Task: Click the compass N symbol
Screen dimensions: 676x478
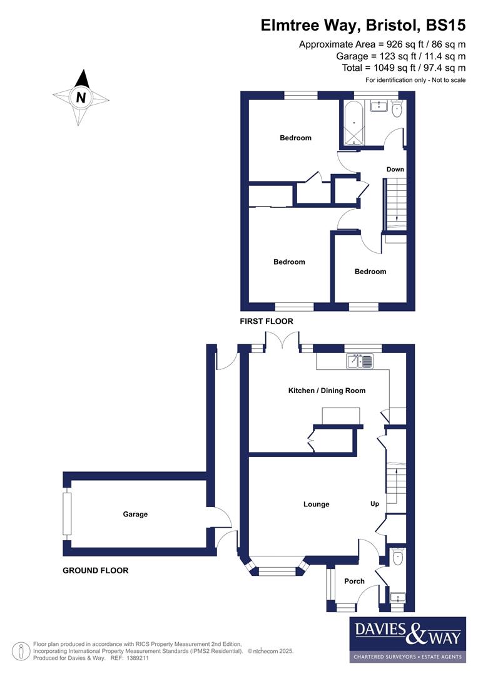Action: (x=81, y=97)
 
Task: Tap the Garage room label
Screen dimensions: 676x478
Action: (x=135, y=514)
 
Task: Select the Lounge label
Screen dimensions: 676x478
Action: (x=316, y=504)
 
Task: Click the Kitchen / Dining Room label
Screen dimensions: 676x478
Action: (x=327, y=391)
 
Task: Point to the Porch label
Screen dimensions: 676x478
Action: (x=354, y=581)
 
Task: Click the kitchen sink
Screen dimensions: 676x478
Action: (x=360, y=361)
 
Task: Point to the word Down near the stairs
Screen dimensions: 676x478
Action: (x=395, y=169)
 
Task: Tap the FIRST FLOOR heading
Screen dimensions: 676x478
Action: (x=267, y=321)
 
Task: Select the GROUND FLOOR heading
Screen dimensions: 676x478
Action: (x=96, y=570)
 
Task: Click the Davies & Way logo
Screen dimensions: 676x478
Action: (x=407, y=639)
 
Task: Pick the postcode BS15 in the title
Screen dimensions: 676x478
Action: (x=445, y=26)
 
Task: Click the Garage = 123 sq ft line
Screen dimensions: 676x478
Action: (x=400, y=56)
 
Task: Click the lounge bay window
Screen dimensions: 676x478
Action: (x=277, y=570)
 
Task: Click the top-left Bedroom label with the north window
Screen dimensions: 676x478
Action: (x=295, y=138)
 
